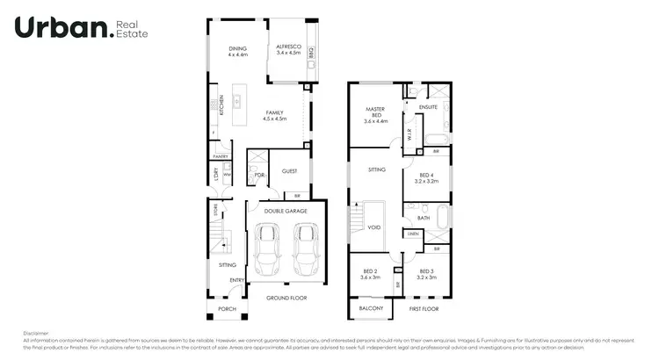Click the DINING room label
pyautogui.click(x=237, y=49)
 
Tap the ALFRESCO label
pyautogui.click(x=289, y=49)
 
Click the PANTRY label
pyautogui.click(x=220, y=156)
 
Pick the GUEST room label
pyautogui.click(x=289, y=171)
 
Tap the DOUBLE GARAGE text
pyautogui.click(x=285, y=211)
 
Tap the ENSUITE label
pyautogui.click(x=428, y=106)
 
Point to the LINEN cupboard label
pyautogui.click(x=413, y=234)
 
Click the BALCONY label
pyautogui.click(x=371, y=309)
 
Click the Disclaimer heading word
pyautogui.click(x=36, y=333)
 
